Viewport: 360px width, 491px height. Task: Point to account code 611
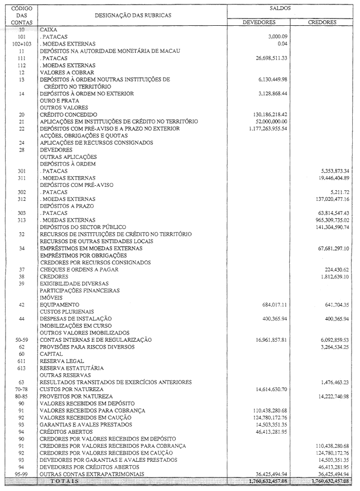click(x=21, y=361)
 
